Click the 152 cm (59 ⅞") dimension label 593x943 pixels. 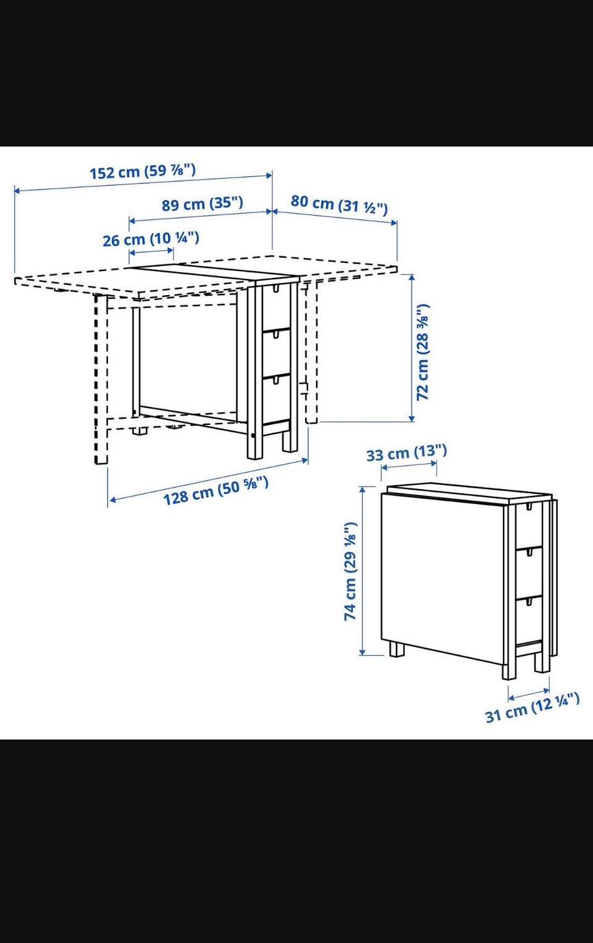pyautogui.click(x=143, y=171)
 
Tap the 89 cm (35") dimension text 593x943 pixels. pyautogui.click(x=203, y=204)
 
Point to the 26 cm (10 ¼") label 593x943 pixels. pyautogui.click(x=151, y=239)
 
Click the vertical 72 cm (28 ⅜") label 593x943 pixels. pyautogui.click(x=423, y=351)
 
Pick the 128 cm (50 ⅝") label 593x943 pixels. pyautogui.click(x=216, y=490)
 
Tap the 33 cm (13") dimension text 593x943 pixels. pyautogui.click(x=406, y=453)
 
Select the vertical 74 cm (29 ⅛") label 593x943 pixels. pyautogui.click(x=350, y=571)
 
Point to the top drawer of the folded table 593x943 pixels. pyautogui.click(x=529, y=526)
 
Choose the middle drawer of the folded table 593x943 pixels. pyautogui.click(x=529, y=573)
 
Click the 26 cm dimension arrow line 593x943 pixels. pyautogui.click(x=151, y=252)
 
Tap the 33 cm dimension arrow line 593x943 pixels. pyautogui.click(x=409, y=465)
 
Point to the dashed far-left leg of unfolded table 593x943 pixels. pyautogui.click(x=101, y=379)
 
